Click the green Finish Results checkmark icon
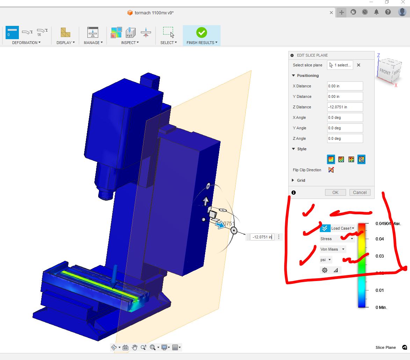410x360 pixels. [x=201, y=33]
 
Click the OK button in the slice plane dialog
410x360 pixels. [x=335, y=192]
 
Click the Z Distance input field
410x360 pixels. [x=345, y=107]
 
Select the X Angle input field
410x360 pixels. [x=345, y=117]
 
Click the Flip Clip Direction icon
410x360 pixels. [x=331, y=170]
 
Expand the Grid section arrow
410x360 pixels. [x=293, y=180]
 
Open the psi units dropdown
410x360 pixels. [x=326, y=260]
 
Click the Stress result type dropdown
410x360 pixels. [x=337, y=239]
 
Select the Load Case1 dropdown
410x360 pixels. [x=342, y=228]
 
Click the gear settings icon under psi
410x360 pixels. [x=325, y=270]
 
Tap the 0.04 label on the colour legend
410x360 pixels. [x=380, y=239]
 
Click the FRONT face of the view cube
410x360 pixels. [x=385, y=71]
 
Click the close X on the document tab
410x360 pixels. [x=331, y=13]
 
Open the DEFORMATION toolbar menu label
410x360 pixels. [x=26, y=43]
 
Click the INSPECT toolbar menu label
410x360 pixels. [x=130, y=43]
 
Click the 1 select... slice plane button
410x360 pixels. [x=340, y=65]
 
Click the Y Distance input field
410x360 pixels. [x=345, y=96]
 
